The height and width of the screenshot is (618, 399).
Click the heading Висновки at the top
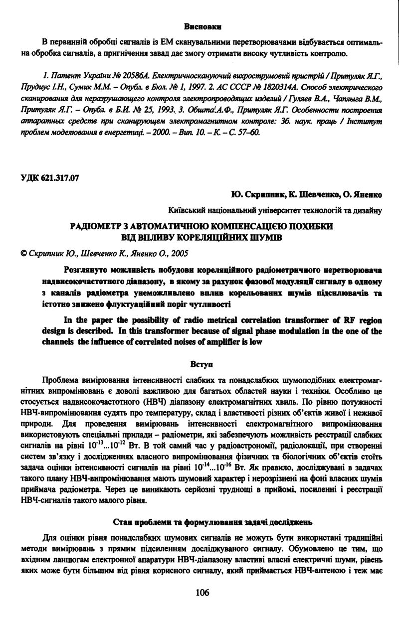click(202, 25)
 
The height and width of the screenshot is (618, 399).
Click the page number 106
click(202, 593)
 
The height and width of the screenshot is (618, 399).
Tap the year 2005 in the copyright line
click(178, 253)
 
